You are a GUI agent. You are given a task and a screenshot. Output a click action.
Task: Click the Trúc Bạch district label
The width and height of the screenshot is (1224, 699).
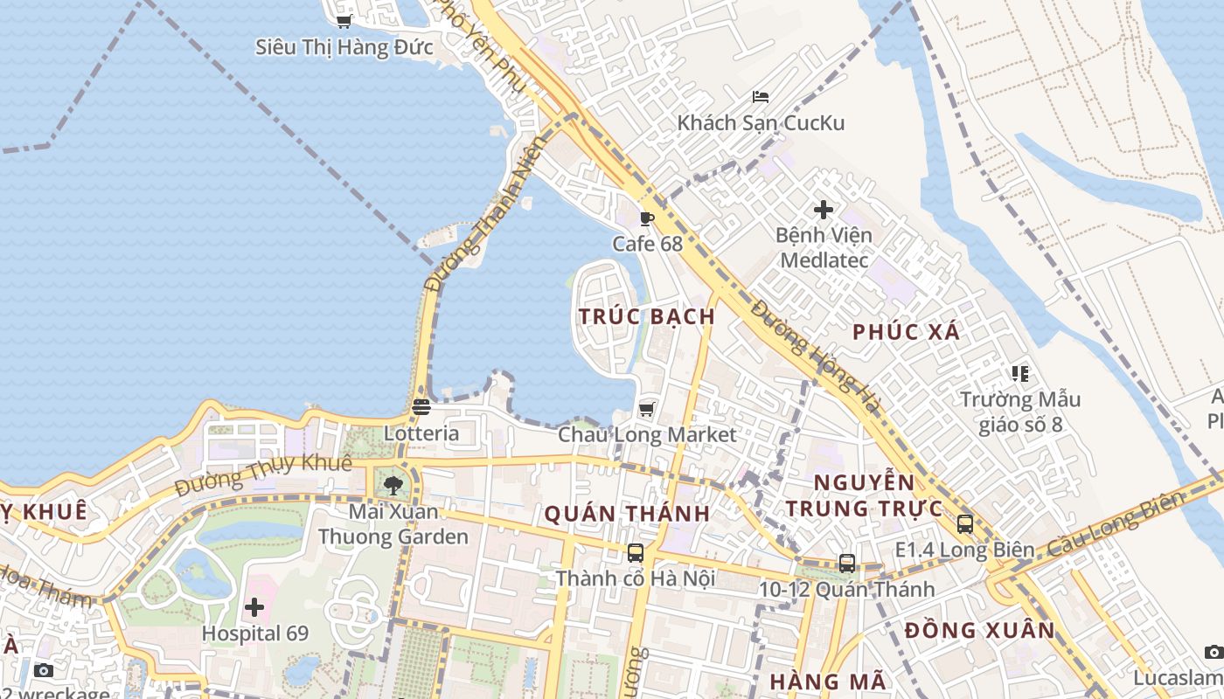click(x=647, y=316)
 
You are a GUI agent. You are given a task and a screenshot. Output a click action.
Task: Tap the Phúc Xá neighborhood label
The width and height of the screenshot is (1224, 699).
click(x=906, y=332)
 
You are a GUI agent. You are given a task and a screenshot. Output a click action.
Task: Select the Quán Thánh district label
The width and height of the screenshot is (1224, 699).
click(x=627, y=514)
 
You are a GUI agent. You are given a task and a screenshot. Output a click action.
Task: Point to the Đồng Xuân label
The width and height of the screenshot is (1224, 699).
click(x=979, y=631)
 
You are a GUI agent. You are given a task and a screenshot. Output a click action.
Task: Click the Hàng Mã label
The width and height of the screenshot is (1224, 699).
click(x=828, y=682)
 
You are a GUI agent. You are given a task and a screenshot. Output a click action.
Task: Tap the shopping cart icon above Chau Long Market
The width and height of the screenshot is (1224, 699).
click(x=646, y=409)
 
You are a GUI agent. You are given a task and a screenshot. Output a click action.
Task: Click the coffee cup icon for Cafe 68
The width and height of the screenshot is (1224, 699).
click(x=646, y=218)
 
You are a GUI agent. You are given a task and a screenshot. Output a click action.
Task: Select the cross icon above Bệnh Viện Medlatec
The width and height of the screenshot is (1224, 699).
click(x=823, y=210)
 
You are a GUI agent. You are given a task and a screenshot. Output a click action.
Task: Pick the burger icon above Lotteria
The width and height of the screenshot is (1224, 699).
click(x=421, y=407)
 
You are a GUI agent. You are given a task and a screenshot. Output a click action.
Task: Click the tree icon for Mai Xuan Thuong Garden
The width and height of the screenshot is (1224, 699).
click(x=393, y=486)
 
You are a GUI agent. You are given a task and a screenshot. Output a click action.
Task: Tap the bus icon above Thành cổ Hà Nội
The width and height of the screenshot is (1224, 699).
click(x=636, y=553)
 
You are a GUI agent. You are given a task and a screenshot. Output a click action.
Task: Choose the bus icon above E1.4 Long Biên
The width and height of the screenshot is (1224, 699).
click(x=964, y=524)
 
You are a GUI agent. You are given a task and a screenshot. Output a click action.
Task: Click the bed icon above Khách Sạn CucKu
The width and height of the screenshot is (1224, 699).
click(x=761, y=97)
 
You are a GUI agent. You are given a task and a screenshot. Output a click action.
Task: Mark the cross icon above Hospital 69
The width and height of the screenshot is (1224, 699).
click(x=254, y=607)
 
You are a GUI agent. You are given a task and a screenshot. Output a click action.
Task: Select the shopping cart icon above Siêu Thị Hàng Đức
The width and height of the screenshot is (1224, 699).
click(x=344, y=21)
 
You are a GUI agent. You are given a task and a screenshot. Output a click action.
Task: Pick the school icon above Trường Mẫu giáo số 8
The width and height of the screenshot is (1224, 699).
click(x=1019, y=374)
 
